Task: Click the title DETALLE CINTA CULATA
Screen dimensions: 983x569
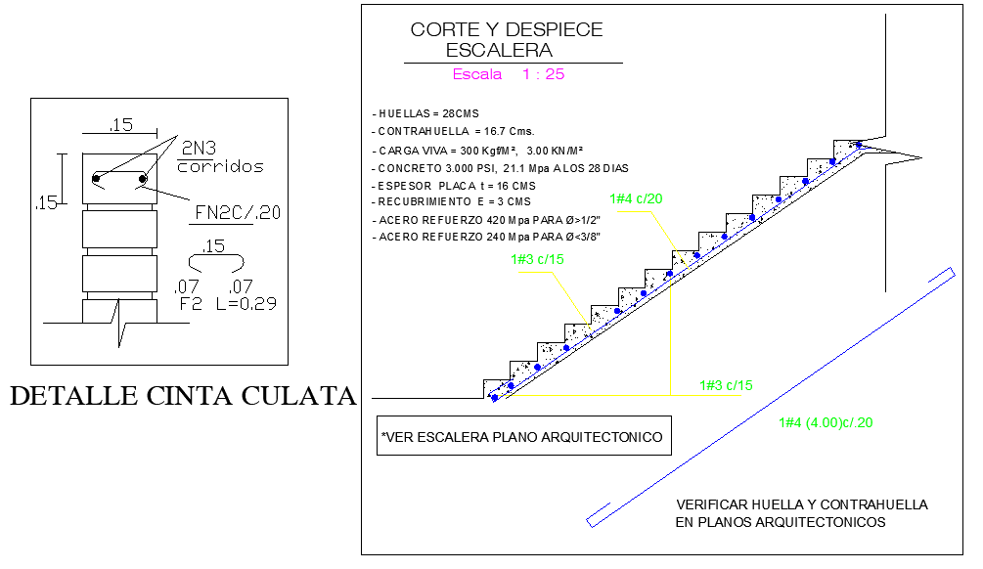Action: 182,396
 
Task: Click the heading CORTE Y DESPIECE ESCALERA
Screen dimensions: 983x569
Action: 506,40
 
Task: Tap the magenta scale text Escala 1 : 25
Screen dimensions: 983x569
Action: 508,74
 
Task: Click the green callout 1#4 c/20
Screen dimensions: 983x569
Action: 636,198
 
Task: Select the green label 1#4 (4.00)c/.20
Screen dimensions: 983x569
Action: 826,422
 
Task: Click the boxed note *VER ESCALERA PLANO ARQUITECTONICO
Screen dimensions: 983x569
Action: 523,436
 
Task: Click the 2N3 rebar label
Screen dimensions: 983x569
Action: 199,148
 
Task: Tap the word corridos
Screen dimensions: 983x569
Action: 220,166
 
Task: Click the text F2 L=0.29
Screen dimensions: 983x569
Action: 228,303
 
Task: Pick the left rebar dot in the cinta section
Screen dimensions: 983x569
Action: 97,178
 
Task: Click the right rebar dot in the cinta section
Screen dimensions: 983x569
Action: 143,178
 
